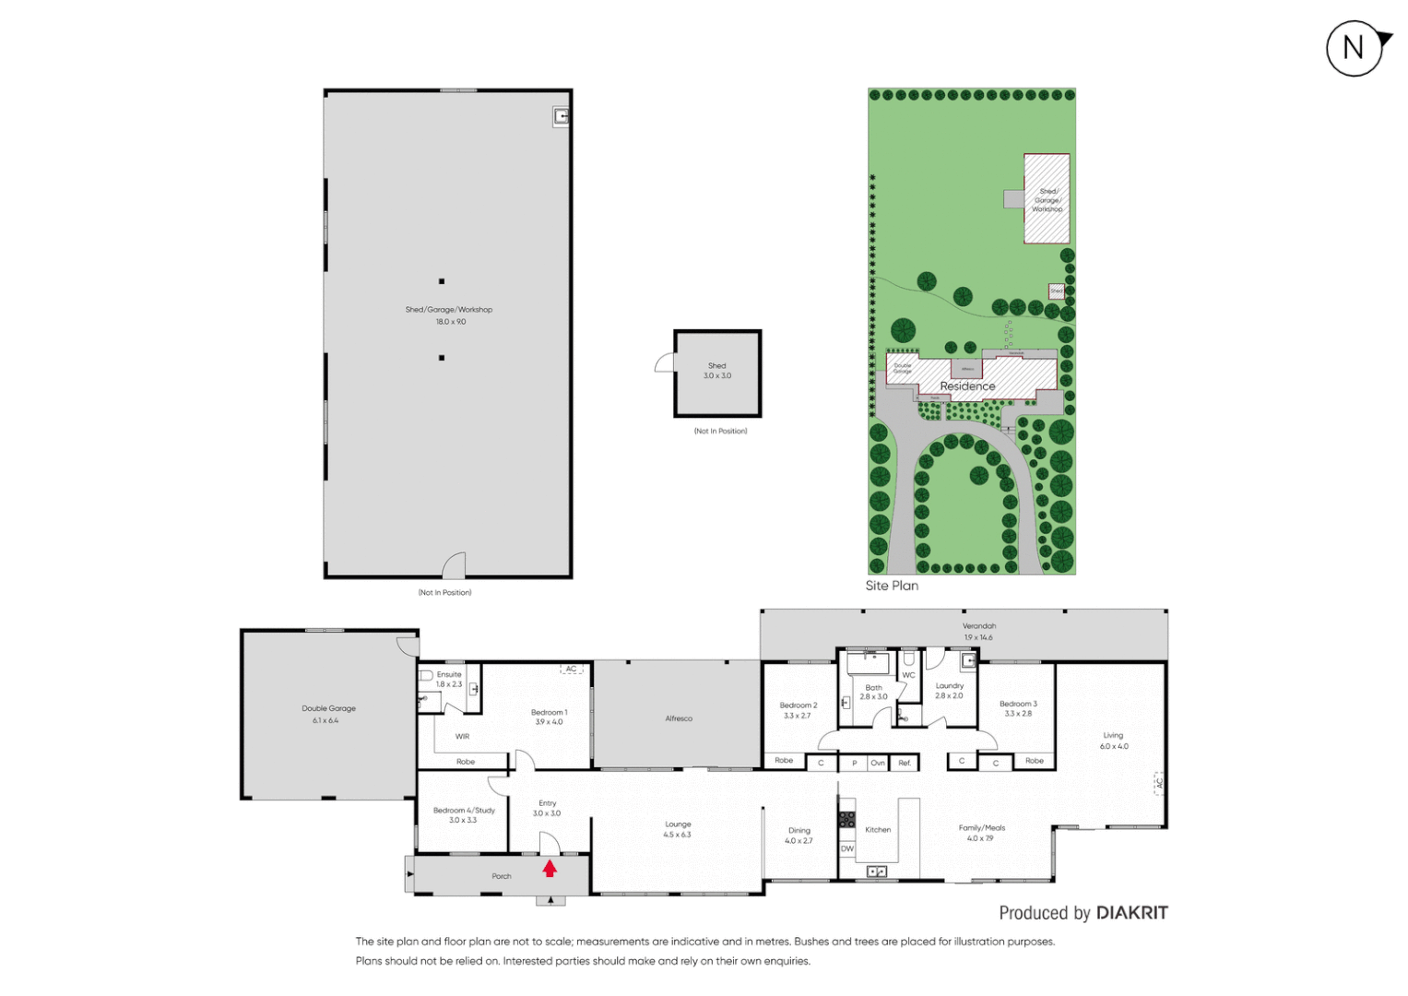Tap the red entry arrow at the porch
[x=550, y=868]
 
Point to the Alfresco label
[x=679, y=718]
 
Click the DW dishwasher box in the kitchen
[x=846, y=848]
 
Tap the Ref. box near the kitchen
[x=905, y=763]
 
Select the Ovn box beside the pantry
[x=878, y=763]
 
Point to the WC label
[x=908, y=675]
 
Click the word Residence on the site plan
[x=967, y=386]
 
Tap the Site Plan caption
[x=892, y=586]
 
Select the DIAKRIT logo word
[x=1131, y=913]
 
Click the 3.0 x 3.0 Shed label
[x=717, y=371]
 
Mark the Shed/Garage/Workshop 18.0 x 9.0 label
[x=449, y=315]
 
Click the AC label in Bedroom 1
[x=571, y=669]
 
